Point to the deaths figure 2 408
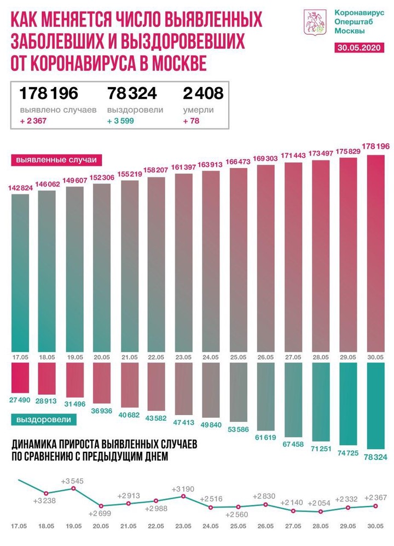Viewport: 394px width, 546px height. click(x=203, y=93)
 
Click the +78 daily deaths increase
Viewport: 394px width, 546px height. click(x=192, y=120)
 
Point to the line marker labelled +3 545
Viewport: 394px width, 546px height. click(x=73, y=488)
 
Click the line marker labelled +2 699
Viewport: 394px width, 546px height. click(x=101, y=506)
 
